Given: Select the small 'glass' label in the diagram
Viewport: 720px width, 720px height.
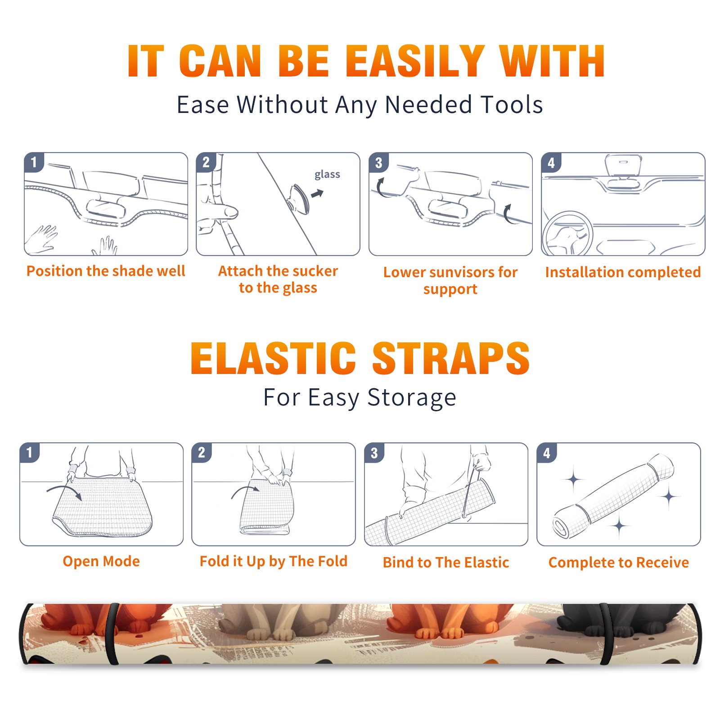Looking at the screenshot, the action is [327, 175].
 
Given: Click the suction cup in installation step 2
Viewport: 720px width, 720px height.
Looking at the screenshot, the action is [299, 199].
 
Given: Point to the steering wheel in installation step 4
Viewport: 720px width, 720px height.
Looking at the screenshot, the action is [567, 234].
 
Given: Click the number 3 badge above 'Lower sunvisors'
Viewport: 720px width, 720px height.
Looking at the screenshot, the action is [378, 163].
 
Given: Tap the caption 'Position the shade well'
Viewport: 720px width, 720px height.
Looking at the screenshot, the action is [106, 271].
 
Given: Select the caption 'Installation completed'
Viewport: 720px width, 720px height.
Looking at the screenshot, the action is [623, 272].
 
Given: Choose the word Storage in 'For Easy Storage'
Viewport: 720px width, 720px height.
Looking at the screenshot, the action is [412, 398].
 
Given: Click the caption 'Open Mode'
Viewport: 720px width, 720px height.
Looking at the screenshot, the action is [101, 561].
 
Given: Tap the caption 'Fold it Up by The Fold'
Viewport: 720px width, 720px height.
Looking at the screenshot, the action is [274, 561].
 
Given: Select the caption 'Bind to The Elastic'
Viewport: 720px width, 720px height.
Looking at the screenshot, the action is [446, 562].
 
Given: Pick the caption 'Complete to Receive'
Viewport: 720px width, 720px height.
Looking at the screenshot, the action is [619, 562].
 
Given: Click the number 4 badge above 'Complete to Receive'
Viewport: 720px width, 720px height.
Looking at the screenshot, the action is [547, 453].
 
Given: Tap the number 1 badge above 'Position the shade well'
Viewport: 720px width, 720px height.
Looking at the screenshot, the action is [34, 162].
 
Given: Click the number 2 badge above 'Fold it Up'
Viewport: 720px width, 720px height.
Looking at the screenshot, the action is [202, 453].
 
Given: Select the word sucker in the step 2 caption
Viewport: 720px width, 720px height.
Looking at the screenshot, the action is [315, 271].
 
